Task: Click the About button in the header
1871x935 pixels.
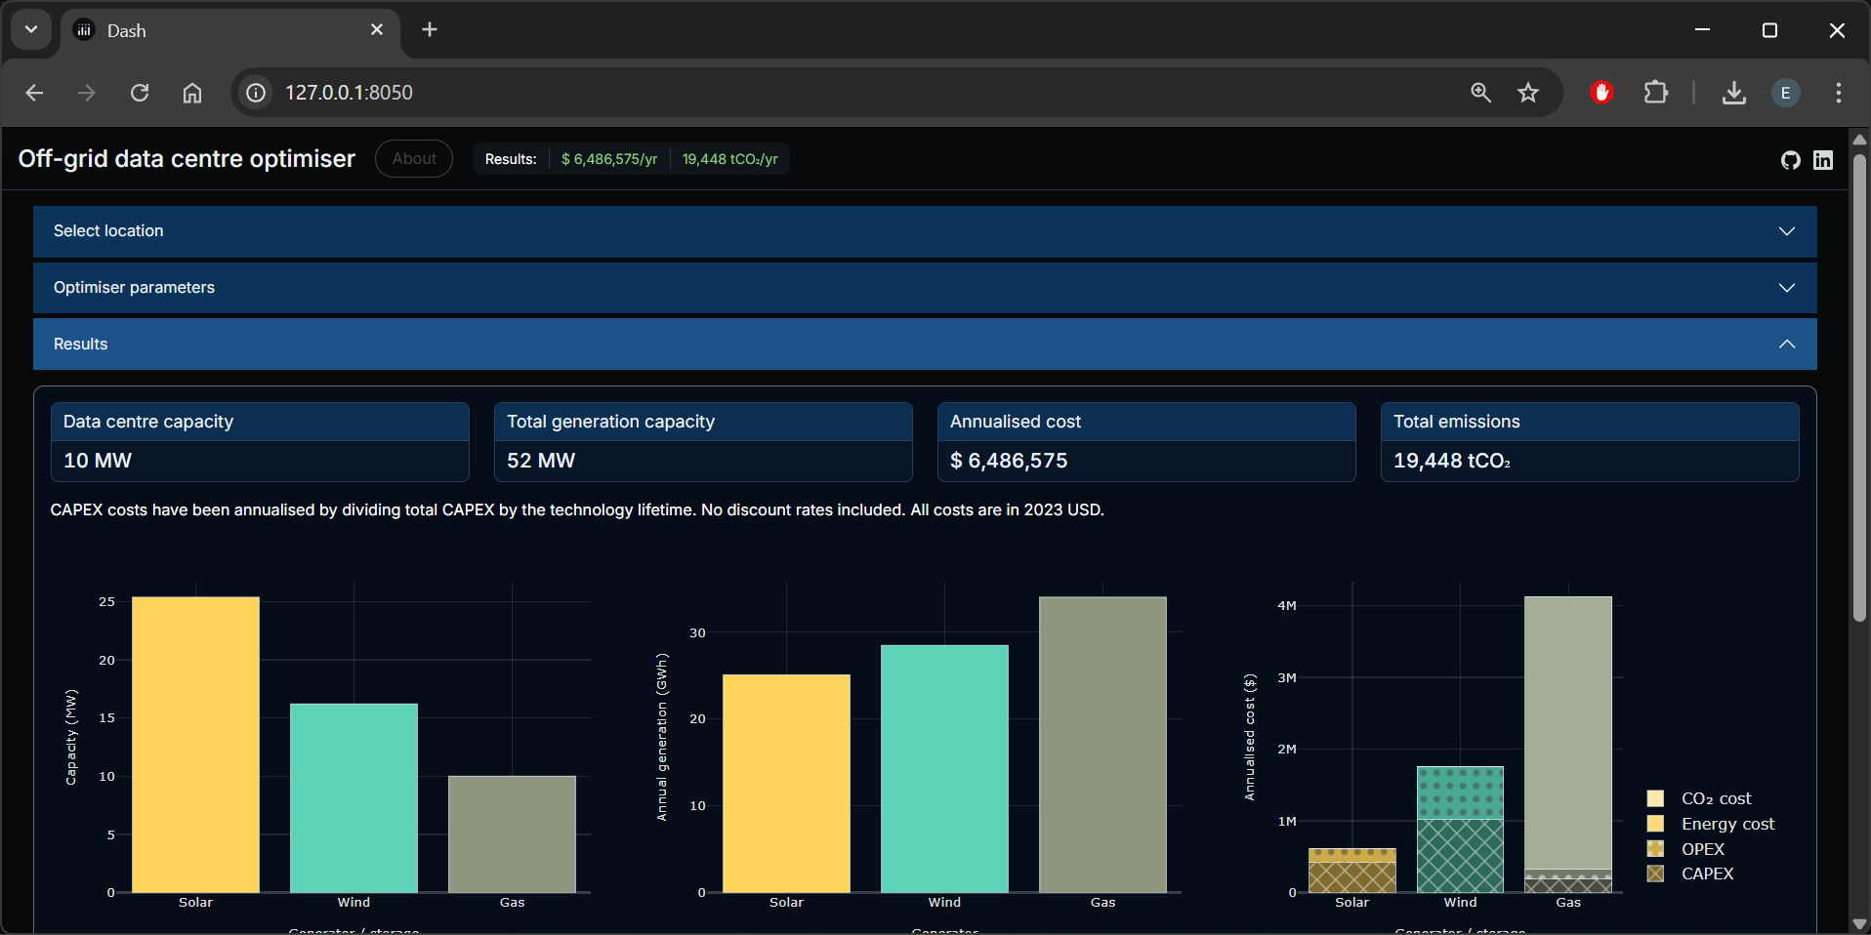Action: click(414, 158)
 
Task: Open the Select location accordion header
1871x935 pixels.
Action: click(924, 231)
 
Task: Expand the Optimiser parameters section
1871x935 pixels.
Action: click(924, 288)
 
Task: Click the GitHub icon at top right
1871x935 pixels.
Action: click(1790, 160)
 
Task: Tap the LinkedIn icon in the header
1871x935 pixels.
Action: click(1823, 160)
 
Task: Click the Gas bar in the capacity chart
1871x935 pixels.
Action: click(512, 833)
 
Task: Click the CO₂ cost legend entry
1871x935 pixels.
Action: click(1715, 798)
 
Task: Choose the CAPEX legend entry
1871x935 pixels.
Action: click(1706, 874)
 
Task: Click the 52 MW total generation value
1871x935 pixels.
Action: click(541, 461)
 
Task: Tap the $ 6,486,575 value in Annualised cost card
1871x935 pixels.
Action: click(1009, 461)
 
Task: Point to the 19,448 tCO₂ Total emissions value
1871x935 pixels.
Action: click(1451, 461)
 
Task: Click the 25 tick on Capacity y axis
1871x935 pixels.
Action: click(106, 602)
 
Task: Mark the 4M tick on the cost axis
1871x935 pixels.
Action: click(1286, 606)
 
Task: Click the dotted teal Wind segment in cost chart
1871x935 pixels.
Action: click(1460, 793)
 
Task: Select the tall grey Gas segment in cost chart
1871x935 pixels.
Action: click(1567, 732)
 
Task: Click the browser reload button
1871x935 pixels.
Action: click(140, 93)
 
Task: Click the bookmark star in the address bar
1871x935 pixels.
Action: click(1528, 93)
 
